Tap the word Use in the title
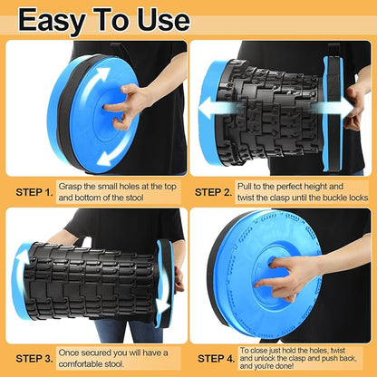[163, 20]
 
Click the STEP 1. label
[34, 192]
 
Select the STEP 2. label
[214, 192]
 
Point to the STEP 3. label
[34, 359]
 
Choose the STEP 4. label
[217, 359]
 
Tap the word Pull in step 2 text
[245, 187]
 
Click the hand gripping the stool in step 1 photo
[128, 104]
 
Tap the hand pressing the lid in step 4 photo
[283, 275]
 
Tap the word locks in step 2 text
[359, 198]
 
